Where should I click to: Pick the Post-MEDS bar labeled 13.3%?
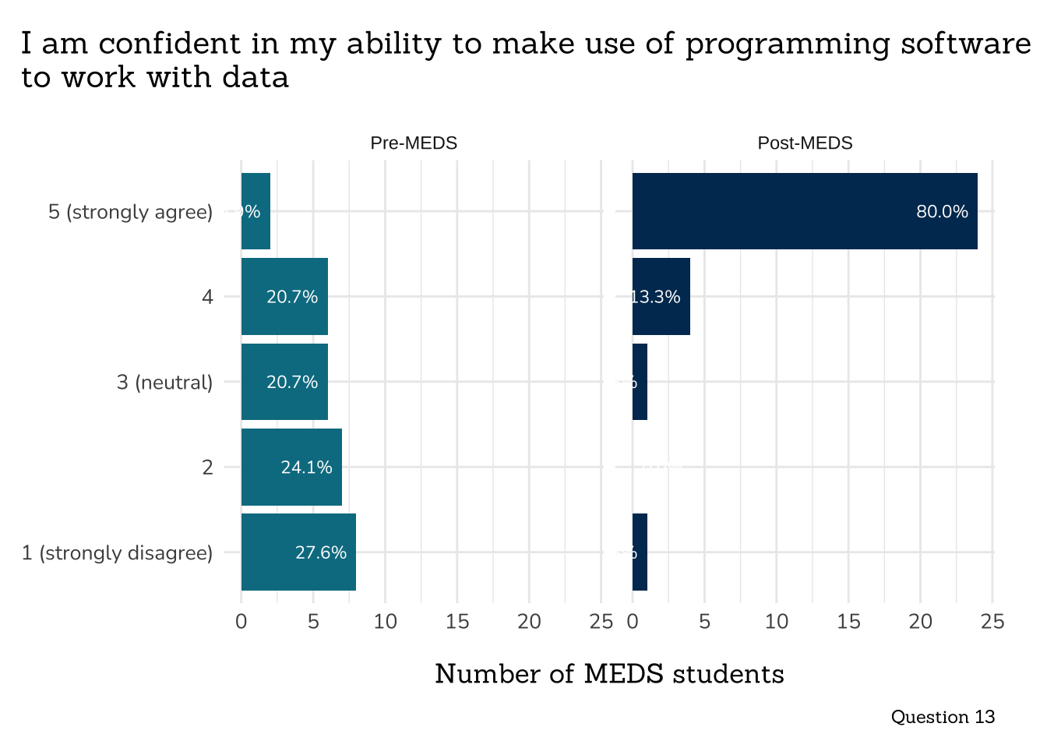(661, 297)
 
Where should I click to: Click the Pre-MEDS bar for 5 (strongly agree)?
(256, 211)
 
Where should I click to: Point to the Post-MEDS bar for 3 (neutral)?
(640, 382)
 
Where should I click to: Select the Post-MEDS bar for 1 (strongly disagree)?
(640, 552)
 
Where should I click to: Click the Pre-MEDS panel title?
(414, 143)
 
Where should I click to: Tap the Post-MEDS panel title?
(805, 143)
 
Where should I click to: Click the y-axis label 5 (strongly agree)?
(130, 212)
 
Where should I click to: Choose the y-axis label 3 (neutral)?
(164, 383)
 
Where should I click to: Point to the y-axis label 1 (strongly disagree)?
(117, 553)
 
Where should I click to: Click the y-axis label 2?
(207, 467)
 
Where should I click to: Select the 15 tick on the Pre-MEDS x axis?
(457, 622)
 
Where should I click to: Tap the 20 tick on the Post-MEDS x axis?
(921, 622)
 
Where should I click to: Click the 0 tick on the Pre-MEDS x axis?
(241, 622)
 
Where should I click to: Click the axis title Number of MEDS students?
(609, 674)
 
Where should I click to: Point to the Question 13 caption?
(943, 717)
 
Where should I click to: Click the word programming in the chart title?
(788, 44)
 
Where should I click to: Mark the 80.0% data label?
(942, 212)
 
